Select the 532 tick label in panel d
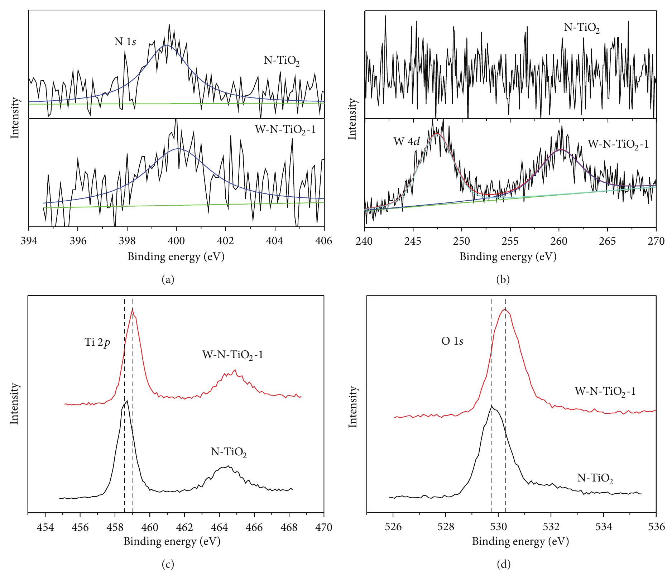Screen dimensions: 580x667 tap(551, 528)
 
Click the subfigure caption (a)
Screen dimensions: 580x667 tap(168, 280)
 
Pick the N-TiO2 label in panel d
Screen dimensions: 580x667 tap(595, 479)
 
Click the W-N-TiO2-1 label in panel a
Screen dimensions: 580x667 tap(285, 129)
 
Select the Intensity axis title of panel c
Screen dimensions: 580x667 tap(15, 404)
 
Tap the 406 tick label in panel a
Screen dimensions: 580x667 tap(324, 241)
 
